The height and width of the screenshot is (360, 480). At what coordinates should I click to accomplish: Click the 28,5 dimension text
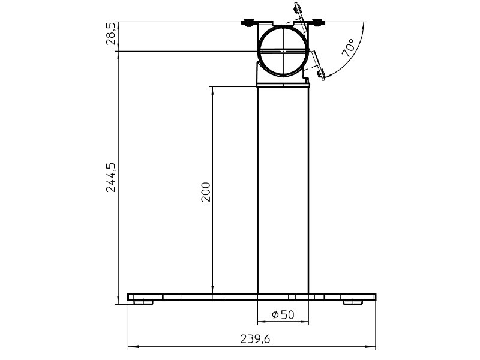click(110, 37)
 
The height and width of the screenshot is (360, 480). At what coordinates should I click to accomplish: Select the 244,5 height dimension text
click(110, 177)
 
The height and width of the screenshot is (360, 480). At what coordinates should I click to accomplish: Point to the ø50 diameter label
click(283, 315)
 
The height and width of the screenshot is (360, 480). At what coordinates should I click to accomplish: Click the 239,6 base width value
click(254, 339)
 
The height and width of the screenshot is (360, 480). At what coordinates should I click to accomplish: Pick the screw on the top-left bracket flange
click(247, 23)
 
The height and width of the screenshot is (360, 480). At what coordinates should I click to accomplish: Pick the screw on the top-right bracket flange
click(317, 23)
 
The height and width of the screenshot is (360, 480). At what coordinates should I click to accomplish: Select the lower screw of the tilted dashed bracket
click(320, 74)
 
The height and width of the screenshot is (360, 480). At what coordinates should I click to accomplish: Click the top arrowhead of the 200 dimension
click(212, 90)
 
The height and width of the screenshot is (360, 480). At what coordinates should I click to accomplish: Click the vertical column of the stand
click(283, 192)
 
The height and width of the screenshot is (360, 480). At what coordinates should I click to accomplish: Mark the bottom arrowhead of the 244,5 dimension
click(118, 299)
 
